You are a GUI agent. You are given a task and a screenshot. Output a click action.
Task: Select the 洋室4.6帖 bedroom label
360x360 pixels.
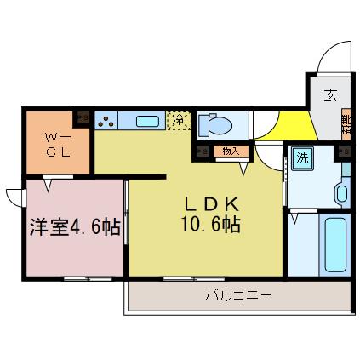(x=75, y=227)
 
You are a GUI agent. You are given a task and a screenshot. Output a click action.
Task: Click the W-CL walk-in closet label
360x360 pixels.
(x=57, y=144)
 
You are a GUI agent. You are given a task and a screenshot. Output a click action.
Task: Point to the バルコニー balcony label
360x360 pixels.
(x=238, y=296)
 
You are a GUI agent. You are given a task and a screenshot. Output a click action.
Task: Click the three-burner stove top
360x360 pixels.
(x=106, y=122)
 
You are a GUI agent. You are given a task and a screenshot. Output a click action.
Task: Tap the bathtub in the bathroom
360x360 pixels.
(x=334, y=245)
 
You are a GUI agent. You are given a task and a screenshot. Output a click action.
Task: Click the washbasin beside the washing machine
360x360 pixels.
(x=342, y=192)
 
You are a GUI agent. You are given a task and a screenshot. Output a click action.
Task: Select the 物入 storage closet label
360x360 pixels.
(x=230, y=151)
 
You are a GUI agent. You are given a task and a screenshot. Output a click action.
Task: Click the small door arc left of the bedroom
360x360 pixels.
(x=14, y=197)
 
